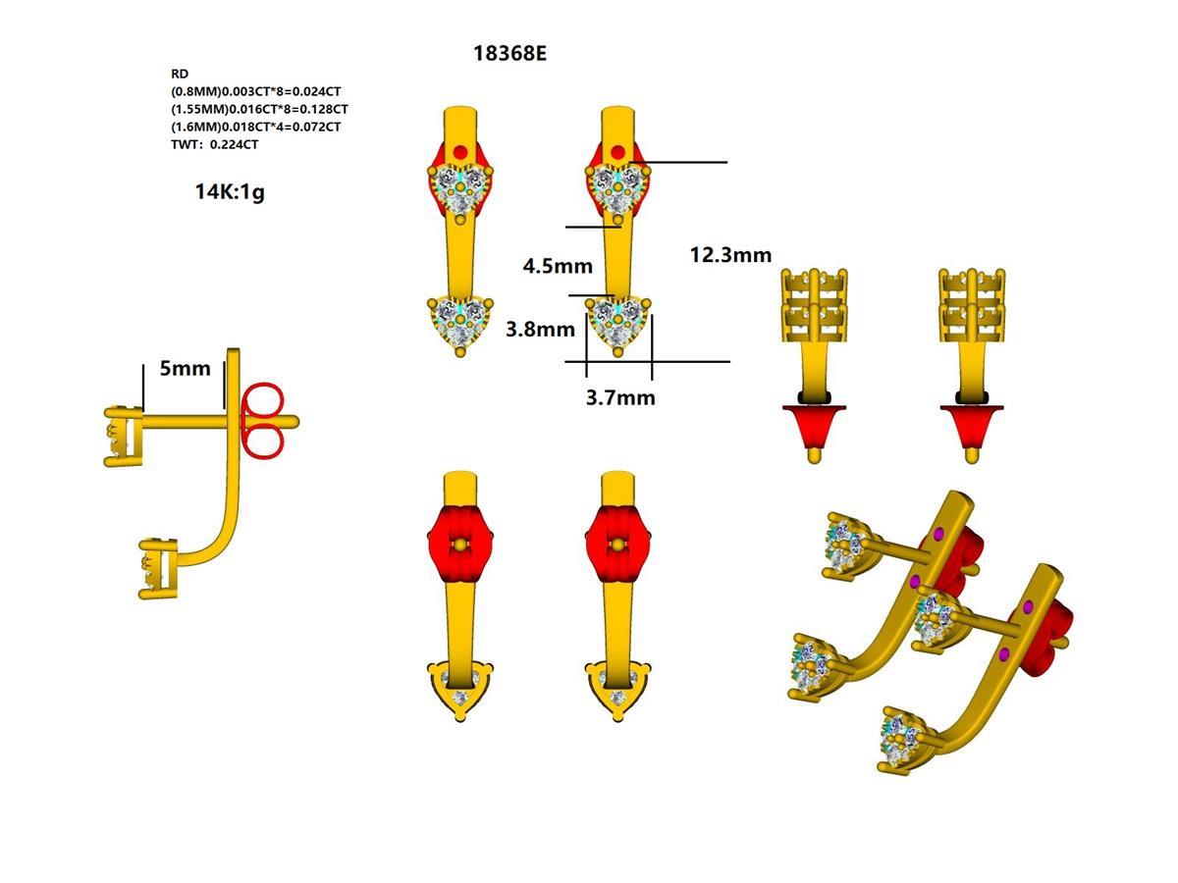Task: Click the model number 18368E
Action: [x=509, y=53]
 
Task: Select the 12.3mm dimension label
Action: [x=730, y=255]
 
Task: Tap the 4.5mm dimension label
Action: [x=558, y=266]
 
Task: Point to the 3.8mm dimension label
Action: [x=540, y=330]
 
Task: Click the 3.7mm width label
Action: [x=620, y=397]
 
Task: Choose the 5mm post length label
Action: [x=185, y=369]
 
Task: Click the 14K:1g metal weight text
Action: [x=229, y=192]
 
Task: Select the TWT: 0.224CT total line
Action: [x=215, y=144]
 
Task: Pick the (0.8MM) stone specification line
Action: [x=255, y=91]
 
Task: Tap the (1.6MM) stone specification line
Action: [x=255, y=127]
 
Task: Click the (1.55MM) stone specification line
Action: [x=259, y=109]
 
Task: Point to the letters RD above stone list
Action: [x=180, y=74]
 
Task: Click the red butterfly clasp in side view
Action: [x=261, y=422]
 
